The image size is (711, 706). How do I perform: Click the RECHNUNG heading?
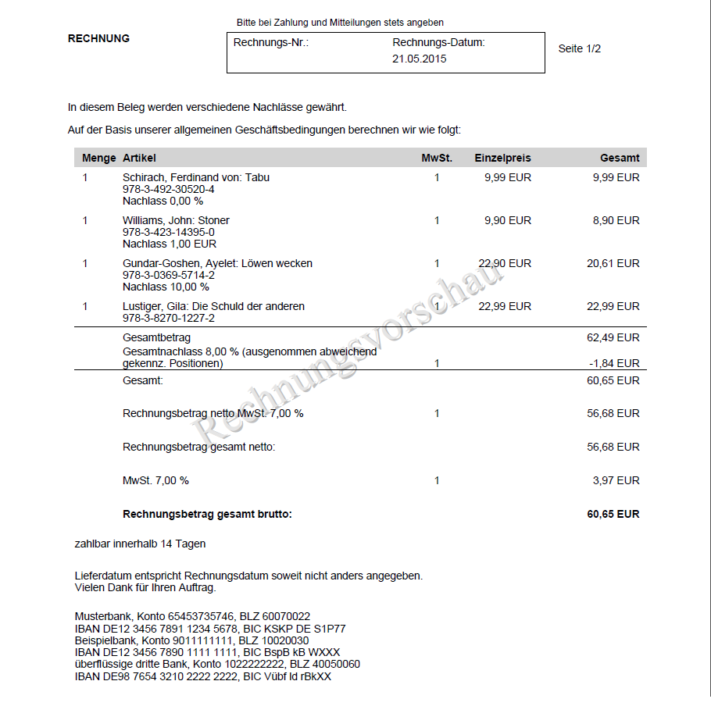click(98, 38)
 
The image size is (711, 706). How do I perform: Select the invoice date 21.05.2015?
click(420, 59)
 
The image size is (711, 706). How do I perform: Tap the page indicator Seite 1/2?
click(579, 48)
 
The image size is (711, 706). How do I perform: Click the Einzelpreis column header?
click(502, 158)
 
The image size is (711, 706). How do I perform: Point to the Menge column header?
click(99, 158)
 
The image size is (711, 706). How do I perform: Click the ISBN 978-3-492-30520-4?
click(168, 189)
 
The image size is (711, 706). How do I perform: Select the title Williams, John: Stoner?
click(176, 220)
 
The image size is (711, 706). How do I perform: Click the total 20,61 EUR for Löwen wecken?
click(613, 263)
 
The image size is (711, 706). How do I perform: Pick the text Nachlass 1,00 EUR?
click(170, 244)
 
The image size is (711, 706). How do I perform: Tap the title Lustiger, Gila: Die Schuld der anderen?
click(213, 306)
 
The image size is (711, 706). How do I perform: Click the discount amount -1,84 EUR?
click(615, 363)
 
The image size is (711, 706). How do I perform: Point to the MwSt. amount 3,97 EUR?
click(616, 480)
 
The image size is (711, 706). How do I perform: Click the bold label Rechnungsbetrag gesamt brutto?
click(207, 514)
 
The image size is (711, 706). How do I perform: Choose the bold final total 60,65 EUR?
click(613, 514)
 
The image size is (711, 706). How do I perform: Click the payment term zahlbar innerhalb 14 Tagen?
click(140, 544)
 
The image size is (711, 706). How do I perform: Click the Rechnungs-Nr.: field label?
click(271, 43)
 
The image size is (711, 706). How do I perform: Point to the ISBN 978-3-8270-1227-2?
click(168, 318)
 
